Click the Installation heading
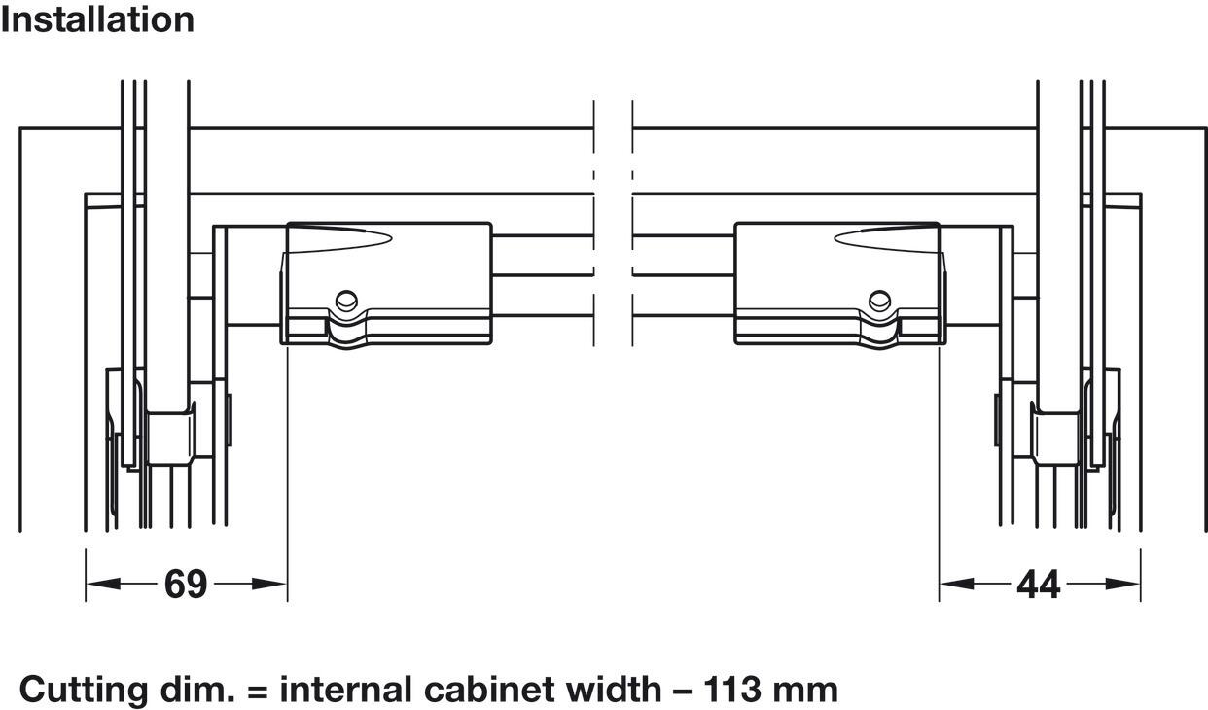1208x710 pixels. coord(97,20)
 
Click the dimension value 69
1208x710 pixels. coord(186,584)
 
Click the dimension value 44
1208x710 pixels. coord(1039,585)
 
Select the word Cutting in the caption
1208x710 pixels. coord(83,691)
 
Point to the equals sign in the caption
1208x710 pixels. coord(257,692)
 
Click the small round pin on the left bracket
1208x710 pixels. coord(346,300)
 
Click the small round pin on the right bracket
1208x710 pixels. coord(879,300)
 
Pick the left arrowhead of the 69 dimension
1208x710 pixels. coord(102,584)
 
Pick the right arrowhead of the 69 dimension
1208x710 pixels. coord(269,584)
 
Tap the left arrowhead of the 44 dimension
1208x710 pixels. coord(956,584)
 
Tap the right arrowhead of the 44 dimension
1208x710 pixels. coord(1123,584)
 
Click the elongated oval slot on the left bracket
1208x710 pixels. coord(340,238)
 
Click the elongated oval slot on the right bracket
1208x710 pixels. coord(886,238)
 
